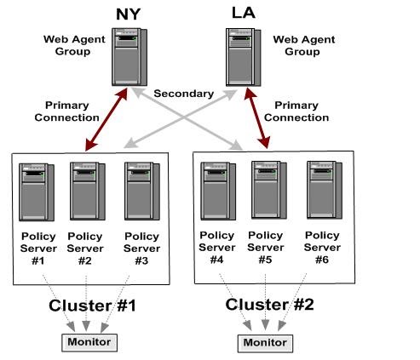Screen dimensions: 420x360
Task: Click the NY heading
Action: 129,14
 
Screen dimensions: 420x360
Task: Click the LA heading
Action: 244,13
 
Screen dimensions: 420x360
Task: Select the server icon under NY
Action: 129,57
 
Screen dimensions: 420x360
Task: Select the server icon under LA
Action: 244,57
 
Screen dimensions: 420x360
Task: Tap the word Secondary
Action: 184,94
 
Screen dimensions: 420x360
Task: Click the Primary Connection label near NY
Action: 67,111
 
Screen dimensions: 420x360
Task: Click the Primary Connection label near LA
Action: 296,111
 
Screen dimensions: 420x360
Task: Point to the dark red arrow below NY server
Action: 106,119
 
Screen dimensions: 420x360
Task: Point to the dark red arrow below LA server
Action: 257,118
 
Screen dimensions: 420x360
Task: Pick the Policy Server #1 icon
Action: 37,192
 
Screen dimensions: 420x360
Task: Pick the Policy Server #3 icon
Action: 142,191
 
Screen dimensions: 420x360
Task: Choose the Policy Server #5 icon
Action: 269,190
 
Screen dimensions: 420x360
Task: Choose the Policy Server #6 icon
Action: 325,190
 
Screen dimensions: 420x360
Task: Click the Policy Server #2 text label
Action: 85,249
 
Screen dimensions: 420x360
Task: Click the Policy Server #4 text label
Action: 217,248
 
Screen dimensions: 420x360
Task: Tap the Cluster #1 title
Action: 92,306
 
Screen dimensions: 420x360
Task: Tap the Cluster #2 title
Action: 269,305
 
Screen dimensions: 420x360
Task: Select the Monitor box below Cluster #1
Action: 89,343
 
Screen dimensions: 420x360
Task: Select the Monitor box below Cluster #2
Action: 265,344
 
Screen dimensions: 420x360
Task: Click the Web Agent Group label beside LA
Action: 304,45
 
